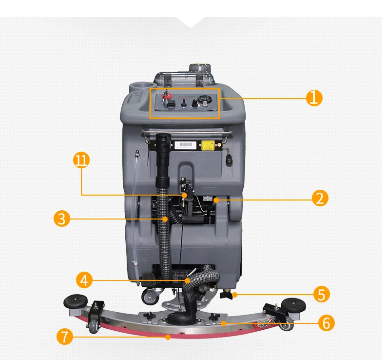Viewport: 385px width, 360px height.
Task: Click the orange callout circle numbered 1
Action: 314,98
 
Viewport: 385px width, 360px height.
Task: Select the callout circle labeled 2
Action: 320,198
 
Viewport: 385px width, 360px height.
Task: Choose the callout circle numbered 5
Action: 321,294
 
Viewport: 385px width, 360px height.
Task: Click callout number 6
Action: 326,322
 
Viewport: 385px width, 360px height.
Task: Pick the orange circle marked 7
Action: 64,337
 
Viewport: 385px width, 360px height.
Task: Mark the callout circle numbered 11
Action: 81,160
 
